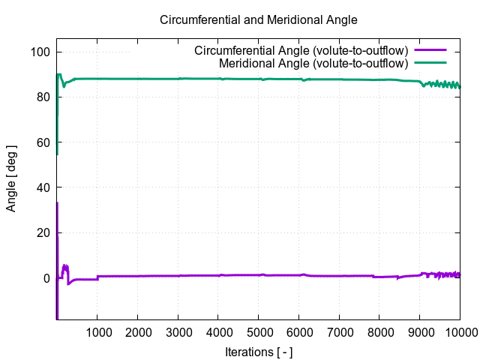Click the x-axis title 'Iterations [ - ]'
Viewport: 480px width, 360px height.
pyautogui.click(x=258, y=351)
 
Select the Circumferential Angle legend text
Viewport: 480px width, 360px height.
pyautogui.click(x=301, y=51)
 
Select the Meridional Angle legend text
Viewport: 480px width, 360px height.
pyautogui.click(x=313, y=64)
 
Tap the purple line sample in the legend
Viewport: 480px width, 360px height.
pyautogui.click(x=430, y=51)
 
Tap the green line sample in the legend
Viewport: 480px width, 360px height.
pyautogui.click(x=430, y=64)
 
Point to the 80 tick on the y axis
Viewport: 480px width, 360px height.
pyautogui.click(x=43, y=97)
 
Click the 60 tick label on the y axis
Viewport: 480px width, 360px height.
pyautogui.click(x=43, y=142)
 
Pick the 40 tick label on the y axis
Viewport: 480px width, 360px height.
pyautogui.click(x=43, y=187)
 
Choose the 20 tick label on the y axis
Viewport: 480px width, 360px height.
pyautogui.click(x=43, y=232)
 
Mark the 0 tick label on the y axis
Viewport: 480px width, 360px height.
pyautogui.click(x=46, y=277)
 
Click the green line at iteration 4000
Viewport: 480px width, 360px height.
pyautogui.click(x=218, y=79)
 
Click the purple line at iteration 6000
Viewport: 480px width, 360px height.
pyautogui.click(x=298, y=275)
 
